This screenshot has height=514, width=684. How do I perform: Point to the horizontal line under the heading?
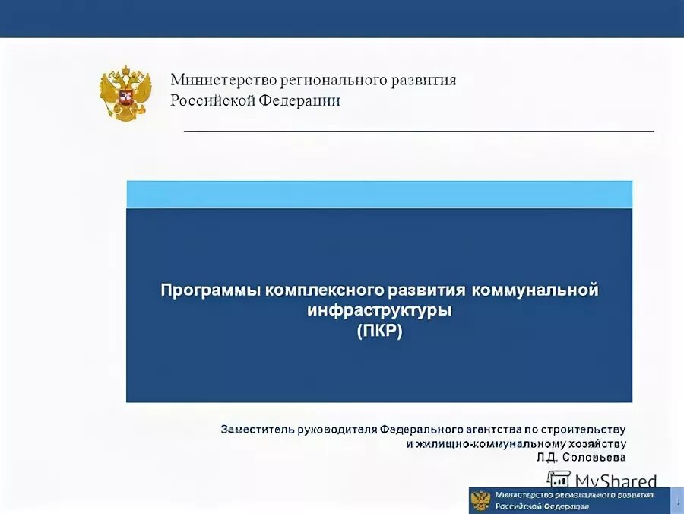click(419, 132)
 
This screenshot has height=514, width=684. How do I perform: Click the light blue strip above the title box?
click(378, 194)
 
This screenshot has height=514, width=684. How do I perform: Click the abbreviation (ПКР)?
click(378, 332)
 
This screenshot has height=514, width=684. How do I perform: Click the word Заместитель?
click(253, 430)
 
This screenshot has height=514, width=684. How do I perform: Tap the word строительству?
click(584, 430)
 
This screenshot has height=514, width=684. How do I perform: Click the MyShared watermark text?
click(616, 481)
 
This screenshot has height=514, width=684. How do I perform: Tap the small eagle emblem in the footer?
click(480, 500)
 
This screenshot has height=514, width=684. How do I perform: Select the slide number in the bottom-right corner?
click(677, 500)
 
